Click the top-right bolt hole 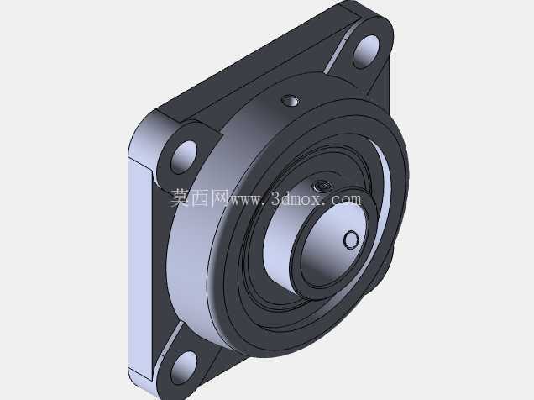366,51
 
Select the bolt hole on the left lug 184,157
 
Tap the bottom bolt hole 184,368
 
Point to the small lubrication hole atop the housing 291,101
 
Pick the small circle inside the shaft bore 351,239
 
